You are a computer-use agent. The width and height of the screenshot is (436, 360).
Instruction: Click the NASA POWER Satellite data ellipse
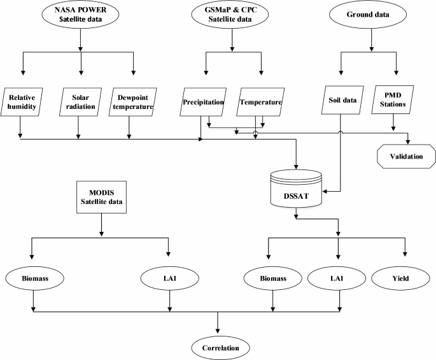tap(81, 14)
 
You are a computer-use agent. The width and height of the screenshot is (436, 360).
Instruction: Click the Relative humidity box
tap(21, 101)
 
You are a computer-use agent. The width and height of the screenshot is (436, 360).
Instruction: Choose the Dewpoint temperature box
tap(134, 101)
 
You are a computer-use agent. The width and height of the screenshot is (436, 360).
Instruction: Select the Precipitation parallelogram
tap(203, 101)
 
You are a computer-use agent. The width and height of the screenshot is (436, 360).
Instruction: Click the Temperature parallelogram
tap(260, 101)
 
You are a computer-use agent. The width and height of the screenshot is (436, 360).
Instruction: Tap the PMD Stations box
tap(397, 101)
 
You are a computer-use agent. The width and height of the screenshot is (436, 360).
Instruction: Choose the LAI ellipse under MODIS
tap(168, 278)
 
